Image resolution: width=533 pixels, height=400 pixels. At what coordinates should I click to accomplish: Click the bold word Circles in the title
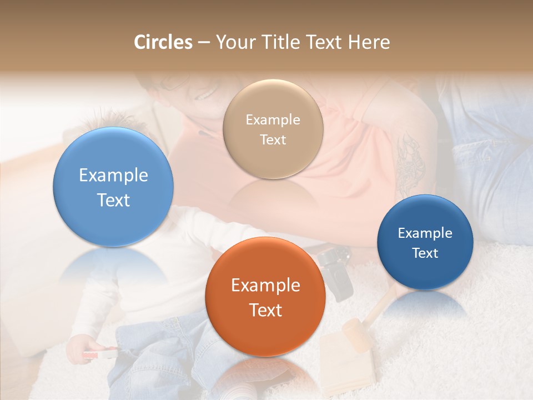(163, 42)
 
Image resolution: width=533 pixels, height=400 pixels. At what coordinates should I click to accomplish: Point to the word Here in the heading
(370, 42)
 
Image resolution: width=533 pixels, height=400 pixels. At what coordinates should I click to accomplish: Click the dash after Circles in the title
(204, 43)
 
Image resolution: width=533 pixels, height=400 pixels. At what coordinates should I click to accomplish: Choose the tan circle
(273, 129)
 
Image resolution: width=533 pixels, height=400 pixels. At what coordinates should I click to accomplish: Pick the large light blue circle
(113, 187)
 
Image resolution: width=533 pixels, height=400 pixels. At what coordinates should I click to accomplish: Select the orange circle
(265, 297)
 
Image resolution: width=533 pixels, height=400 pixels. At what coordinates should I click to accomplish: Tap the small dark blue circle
(425, 242)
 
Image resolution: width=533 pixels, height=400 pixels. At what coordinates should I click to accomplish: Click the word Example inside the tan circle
(273, 119)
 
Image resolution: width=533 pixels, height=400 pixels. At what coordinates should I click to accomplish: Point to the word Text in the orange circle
(265, 310)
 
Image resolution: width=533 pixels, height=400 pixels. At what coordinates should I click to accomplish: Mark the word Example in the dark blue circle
(425, 233)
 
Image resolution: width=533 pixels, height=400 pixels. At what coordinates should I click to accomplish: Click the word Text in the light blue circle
(113, 200)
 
